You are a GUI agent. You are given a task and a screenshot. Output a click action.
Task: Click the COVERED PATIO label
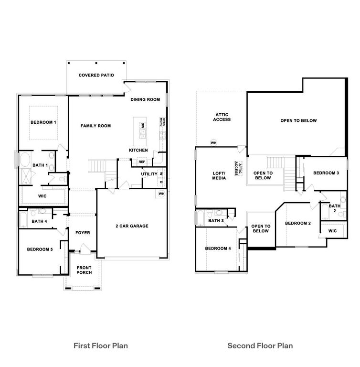point(96,75)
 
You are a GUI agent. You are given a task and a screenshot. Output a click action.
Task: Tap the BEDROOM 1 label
point(43,122)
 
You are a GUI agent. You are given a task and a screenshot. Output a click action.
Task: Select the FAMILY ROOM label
point(95,126)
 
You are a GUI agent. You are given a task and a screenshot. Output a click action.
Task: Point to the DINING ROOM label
point(145,99)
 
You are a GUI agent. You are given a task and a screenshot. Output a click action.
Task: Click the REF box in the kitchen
point(142,162)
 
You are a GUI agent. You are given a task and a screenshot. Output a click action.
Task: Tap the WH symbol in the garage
point(162,194)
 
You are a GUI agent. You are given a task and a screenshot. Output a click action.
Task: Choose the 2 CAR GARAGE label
point(132,226)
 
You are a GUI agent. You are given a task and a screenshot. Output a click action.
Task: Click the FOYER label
point(83,233)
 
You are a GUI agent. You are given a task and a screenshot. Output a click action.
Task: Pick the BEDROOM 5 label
point(40,249)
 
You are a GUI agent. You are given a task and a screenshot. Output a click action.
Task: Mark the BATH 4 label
point(39,221)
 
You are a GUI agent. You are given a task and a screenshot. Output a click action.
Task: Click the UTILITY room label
point(149,174)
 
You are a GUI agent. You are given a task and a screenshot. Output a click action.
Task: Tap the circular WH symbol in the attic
point(213,142)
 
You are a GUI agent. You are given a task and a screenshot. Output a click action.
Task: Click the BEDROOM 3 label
point(326,173)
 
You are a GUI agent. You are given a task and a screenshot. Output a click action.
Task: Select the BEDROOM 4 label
point(218,248)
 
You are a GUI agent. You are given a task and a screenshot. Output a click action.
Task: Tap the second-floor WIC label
point(332,231)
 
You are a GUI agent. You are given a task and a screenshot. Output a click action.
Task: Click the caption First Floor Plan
point(100,345)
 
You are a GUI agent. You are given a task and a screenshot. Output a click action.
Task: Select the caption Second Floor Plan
point(260,345)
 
